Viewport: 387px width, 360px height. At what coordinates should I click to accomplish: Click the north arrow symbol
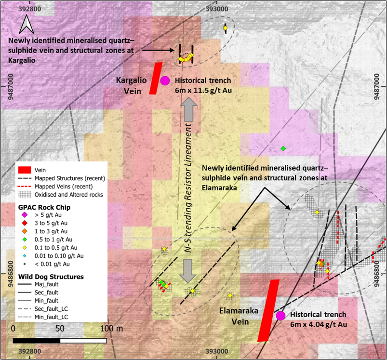pos(27,24)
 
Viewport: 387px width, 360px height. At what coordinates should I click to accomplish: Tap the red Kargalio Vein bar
pos(156,78)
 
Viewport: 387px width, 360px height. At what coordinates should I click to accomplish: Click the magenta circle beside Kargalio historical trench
pos(165,80)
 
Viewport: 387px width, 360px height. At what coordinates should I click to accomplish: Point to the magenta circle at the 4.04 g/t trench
pos(280,316)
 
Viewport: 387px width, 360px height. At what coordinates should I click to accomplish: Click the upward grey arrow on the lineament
pos(189,109)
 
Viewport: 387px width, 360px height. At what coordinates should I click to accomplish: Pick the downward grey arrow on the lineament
pos(187,271)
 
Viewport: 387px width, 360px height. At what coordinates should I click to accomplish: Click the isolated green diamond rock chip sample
pos(283,148)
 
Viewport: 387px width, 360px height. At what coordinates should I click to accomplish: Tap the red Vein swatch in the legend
pos(25,170)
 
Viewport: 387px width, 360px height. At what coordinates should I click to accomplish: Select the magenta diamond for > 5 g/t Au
pos(25,215)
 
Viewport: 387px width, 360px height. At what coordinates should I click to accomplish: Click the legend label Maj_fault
pos(46,284)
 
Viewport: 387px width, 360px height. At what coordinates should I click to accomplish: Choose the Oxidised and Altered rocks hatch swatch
pos(25,195)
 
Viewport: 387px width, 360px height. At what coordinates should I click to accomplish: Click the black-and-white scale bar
pos(60,341)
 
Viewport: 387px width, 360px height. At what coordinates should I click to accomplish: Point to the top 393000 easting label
pos(217,9)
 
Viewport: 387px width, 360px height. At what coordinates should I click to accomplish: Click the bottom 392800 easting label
pos(29,351)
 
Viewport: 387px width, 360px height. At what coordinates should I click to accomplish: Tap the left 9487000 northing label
pos(11,87)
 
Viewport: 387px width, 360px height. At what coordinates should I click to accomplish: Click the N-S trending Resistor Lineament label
pos(188,188)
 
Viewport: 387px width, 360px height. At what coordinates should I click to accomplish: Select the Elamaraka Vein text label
pos(239,316)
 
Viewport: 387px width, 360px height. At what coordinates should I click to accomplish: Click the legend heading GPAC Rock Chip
pos(44,207)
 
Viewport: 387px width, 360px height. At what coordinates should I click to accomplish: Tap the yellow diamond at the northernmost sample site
pos(225,28)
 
